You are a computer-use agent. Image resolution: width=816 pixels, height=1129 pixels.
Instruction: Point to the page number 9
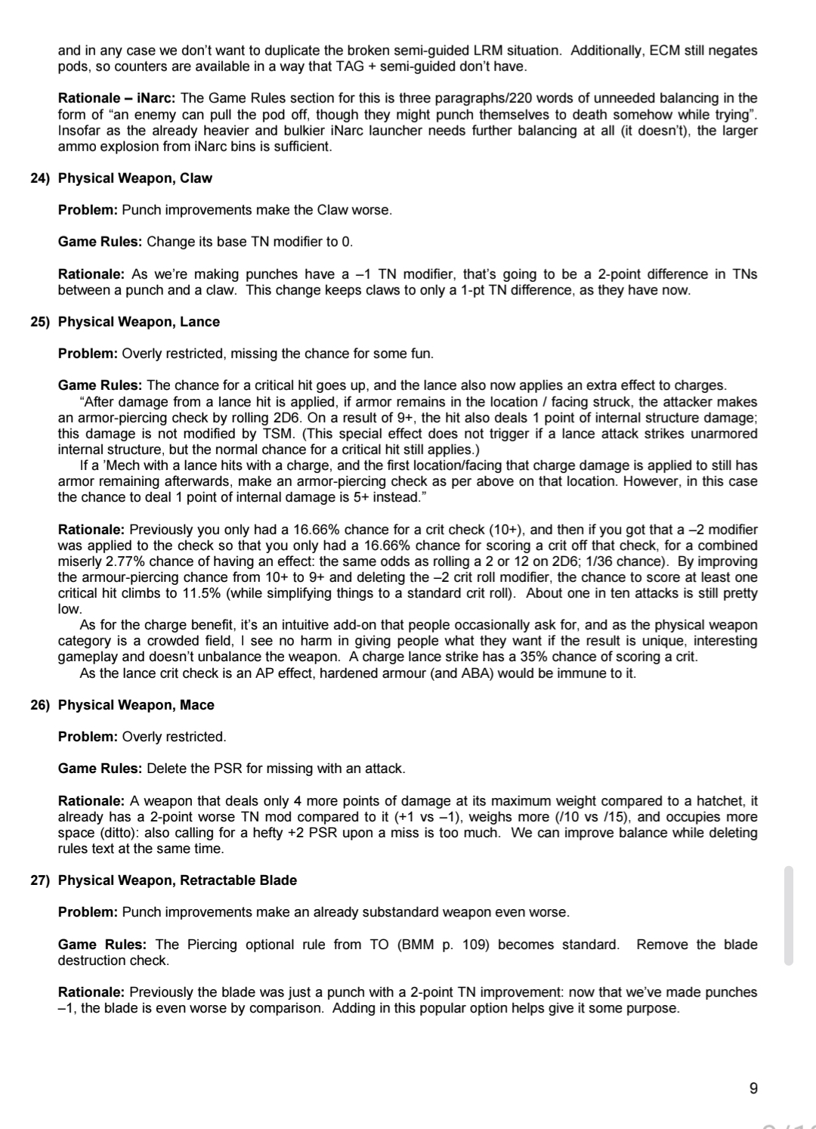(x=753, y=1088)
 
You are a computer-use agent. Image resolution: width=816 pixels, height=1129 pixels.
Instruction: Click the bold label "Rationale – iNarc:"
(x=117, y=98)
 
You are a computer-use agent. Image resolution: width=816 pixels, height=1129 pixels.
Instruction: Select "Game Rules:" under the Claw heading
(x=100, y=242)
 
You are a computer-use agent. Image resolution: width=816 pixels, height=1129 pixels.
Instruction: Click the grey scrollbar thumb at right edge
(x=789, y=916)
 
